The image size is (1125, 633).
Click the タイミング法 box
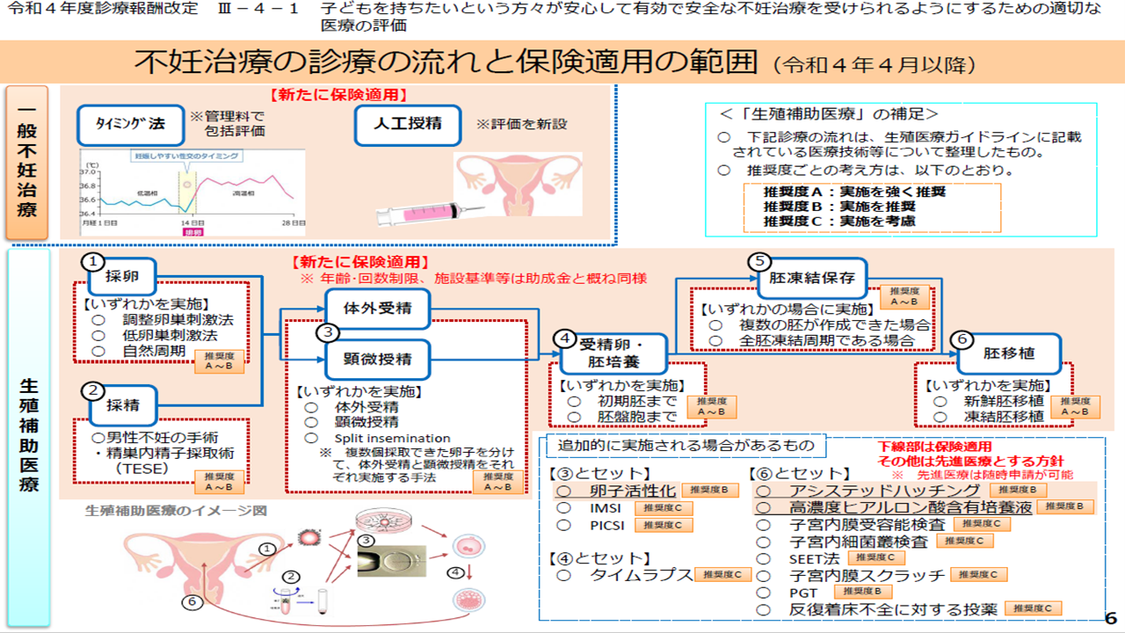pyautogui.click(x=130, y=125)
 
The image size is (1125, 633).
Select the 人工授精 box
pyautogui.click(x=409, y=125)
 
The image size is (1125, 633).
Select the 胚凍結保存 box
pyautogui.click(x=811, y=279)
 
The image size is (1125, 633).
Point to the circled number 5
pyautogui.click(x=759, y=261)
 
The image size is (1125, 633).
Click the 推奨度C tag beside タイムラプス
pyautogui.click(x=723, y=575)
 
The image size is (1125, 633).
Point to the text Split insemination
pyautogui.click(x=392, y=438)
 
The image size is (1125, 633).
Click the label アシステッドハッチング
pyautogui.click(x=884, y=490)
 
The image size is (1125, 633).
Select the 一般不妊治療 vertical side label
pyautogui.click(x=27, y=162)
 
